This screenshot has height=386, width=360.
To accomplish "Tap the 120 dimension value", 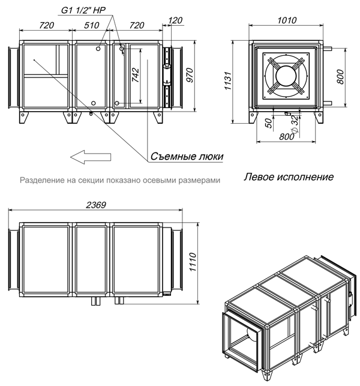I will tap(176, 20).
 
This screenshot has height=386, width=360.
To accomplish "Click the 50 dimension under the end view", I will tap(268, 122).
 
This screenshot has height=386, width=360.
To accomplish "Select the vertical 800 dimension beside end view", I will tap(340, 77).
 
